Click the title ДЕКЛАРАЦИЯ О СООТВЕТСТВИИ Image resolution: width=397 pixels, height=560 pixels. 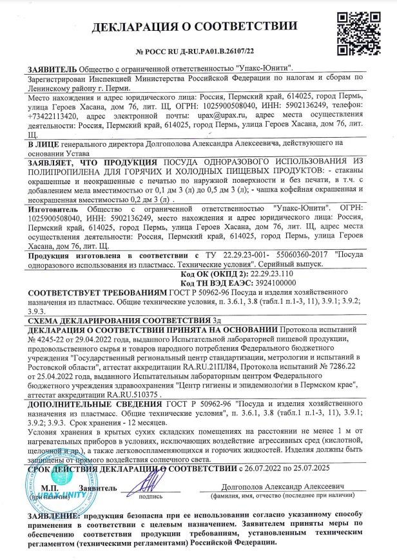pyautogui.click(x=195, y=26)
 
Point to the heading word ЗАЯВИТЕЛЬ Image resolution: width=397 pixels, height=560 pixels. pyautogui.click(x=51, y=69)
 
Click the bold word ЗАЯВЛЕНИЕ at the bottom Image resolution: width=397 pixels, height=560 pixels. pyautogui.click(x=53, y=516)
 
